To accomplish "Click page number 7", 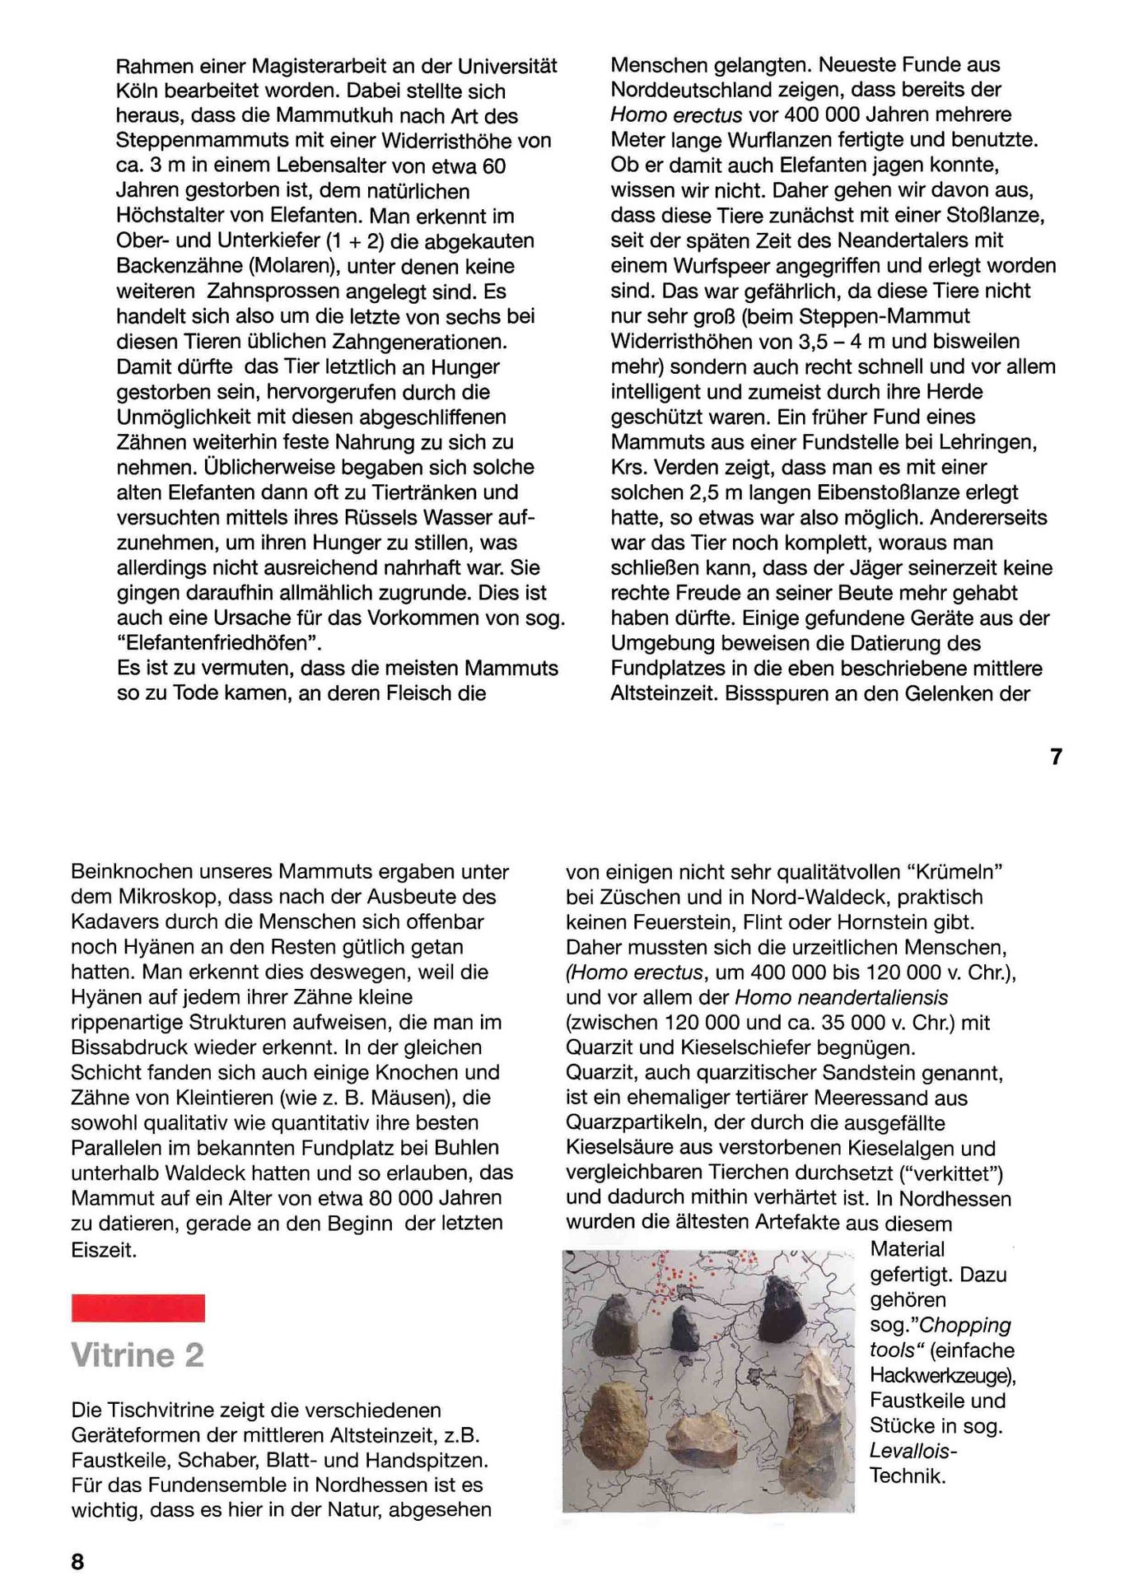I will [x=1057, y=756].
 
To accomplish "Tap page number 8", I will [x=77, y=1561].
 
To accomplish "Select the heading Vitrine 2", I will [x=138, y=1355].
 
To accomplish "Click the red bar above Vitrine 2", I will [x=138, y=1308].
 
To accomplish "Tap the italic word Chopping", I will [x=964, y=1325].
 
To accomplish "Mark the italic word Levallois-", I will [x=913, y=1451].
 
